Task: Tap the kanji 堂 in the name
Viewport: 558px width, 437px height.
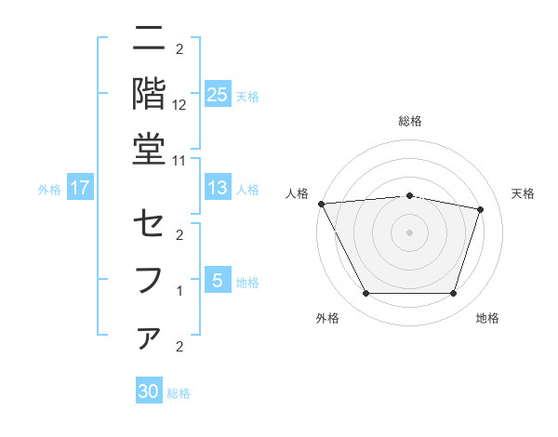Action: tap(150, 150)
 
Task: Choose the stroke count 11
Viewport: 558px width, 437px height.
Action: tap(179, 160)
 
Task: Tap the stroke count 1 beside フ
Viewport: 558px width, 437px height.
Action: tap(179, 291)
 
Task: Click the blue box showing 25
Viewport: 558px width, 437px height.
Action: tap(217, 94)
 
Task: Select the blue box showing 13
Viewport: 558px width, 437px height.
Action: tap(217, 188)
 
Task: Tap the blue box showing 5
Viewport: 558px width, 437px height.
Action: tap(217, 280)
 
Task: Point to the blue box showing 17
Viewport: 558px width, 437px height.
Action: tap(80, 188)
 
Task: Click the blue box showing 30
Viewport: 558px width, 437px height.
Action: tap(149, 391)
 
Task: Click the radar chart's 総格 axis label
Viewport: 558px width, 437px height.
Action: tap(409, 121)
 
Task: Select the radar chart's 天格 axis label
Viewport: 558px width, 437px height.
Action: tap(523, 193)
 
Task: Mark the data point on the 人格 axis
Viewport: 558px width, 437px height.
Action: tap(321, 204)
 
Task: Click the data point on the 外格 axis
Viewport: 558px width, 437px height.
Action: tap(365, 294)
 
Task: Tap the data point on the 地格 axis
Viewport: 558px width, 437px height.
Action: tap(453, 294)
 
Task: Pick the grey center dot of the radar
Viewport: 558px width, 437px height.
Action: tap(409, 232)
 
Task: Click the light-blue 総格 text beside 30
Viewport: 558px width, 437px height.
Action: tap(179, 393)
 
